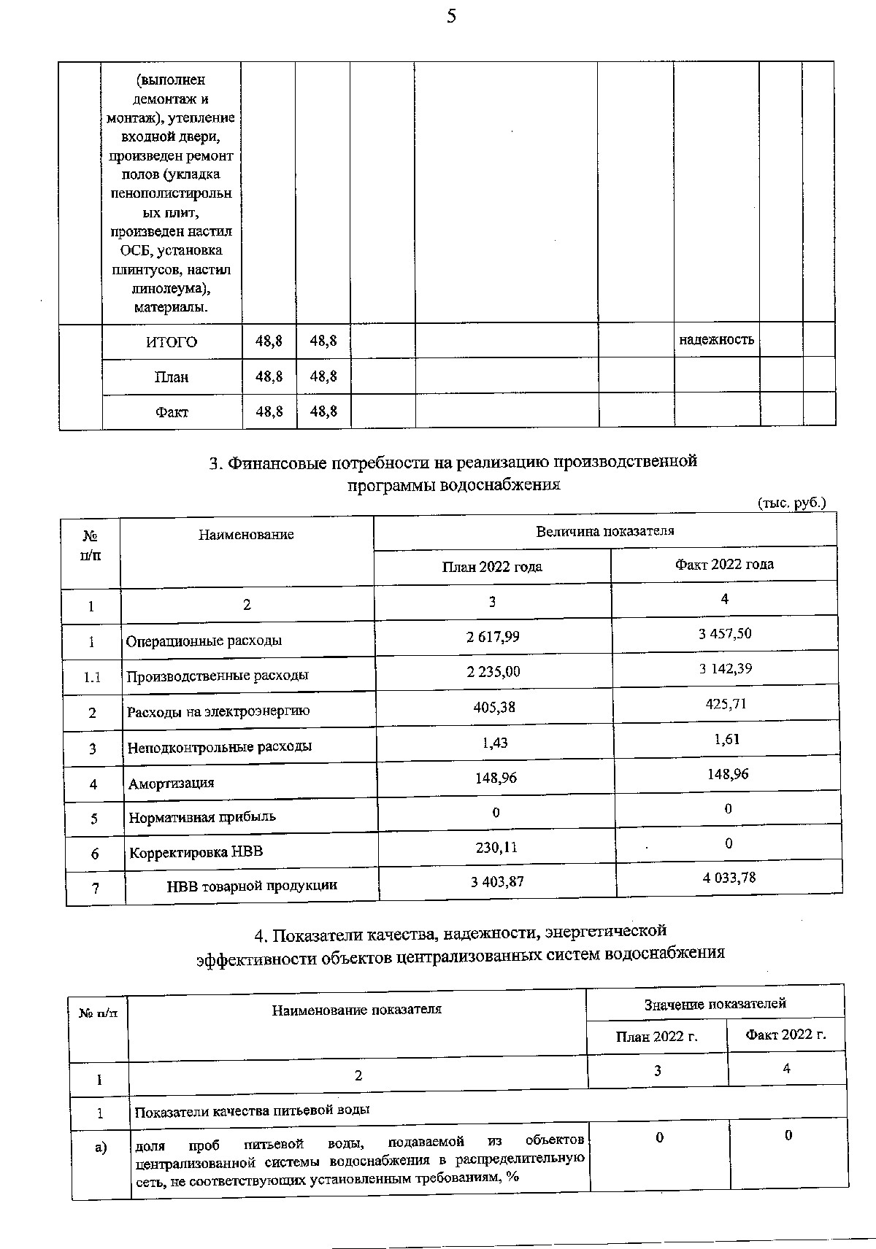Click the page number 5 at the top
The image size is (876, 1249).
(451, 16)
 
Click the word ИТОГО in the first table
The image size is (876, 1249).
(172, 342)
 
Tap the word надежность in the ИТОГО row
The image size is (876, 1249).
(716, 340)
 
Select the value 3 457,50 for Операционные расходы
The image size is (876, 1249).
(724, 633)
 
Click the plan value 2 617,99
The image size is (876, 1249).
(493, 636)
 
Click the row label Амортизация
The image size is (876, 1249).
(172, 784)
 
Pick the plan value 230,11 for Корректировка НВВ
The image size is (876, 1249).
(496, 847)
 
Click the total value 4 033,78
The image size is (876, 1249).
(729, 878)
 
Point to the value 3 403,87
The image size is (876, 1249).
(497, 881)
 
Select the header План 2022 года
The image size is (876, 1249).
(492, 567)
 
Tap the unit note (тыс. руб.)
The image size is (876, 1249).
(792, 503)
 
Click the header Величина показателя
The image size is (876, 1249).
(604, 531)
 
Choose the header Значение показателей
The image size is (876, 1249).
(715, 1004)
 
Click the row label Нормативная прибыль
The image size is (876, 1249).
(202, 817)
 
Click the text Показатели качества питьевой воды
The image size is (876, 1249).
(253, 1110)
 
